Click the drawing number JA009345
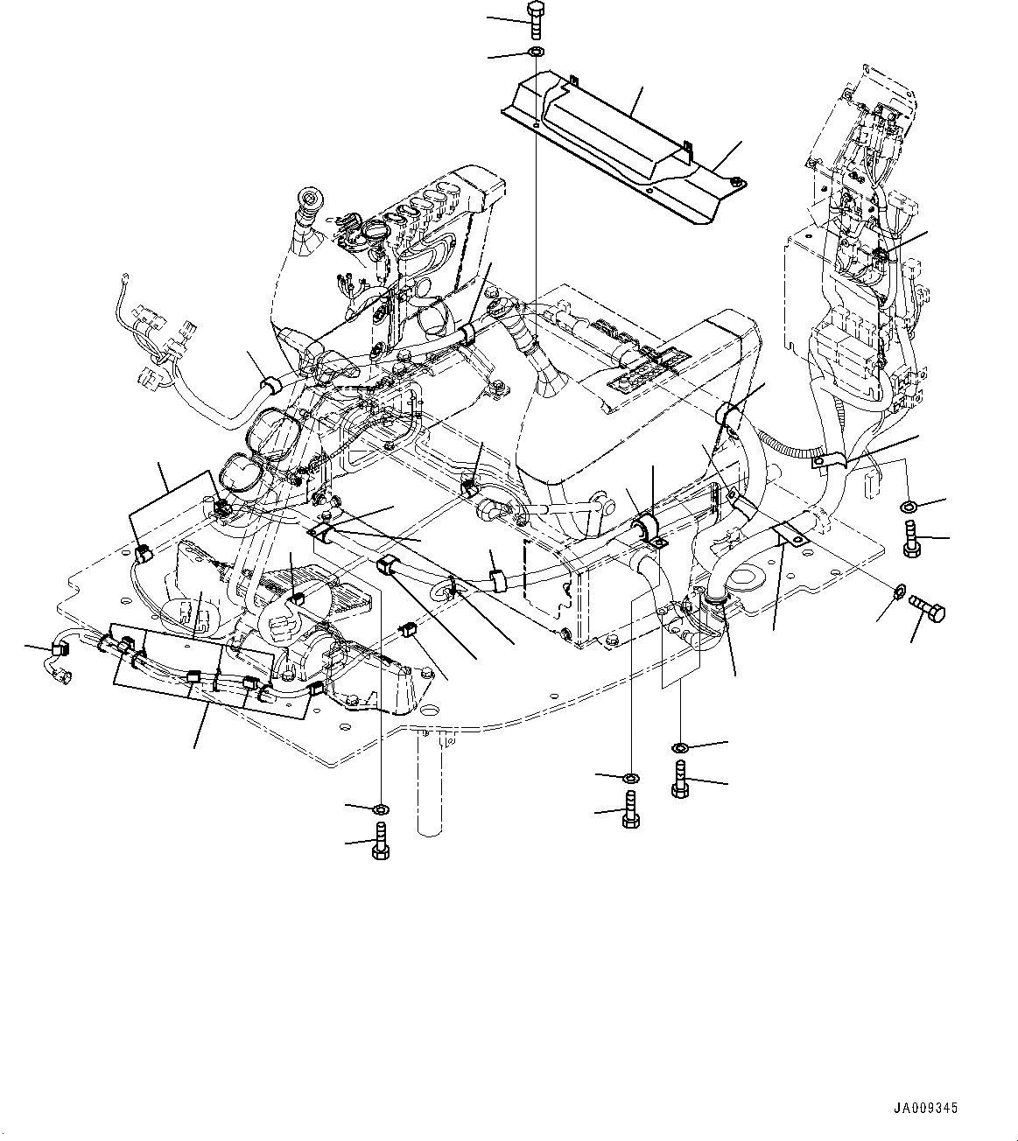pos(925,1108)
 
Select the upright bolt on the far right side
pos(911,538)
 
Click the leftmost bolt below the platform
pos(383,841)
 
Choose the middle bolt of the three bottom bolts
pos(630,809)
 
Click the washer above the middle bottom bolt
pos(630,777)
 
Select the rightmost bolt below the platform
pos(681,778)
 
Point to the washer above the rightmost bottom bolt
pos(681,746)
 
